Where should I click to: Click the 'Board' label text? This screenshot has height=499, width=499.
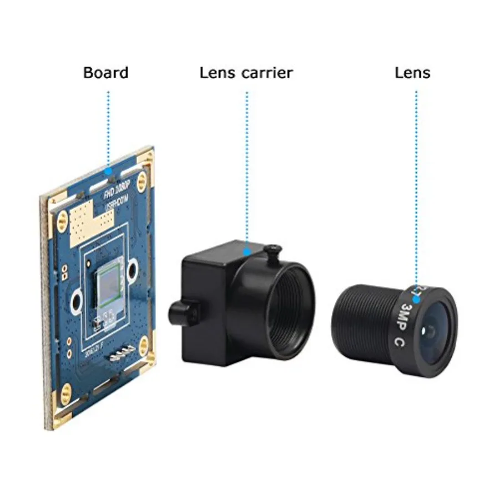pos(105,73)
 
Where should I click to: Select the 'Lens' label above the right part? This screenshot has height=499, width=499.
pos(413,73)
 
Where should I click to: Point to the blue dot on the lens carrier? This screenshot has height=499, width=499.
pos(248,251)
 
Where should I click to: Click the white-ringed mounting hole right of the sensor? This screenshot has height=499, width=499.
pos(131,271)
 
